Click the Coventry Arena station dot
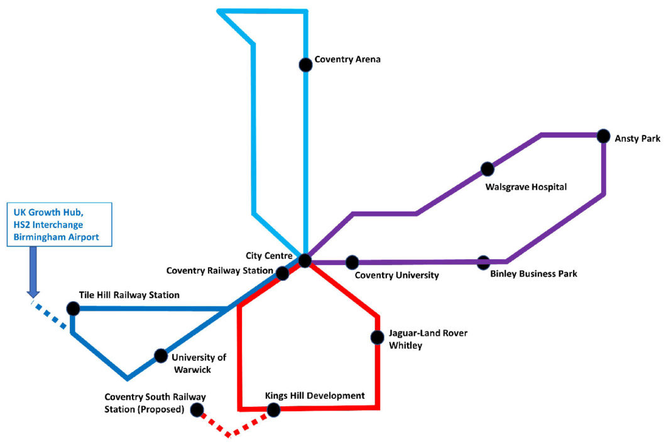pyautogui.click(x=305, y=64)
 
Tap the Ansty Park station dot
pyautogui.click(x=603, y=136)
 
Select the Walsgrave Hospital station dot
pyautogui.click(x=487, y=169)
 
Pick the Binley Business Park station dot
pyautogui.click(x=483, y=262)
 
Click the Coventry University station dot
pyautogui.click(x=352, y=262)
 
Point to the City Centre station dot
pyautogui.click(x=305, y=261)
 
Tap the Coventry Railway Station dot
pyautogui.click(x=283, y=273)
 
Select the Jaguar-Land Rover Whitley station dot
pyautogui.click(x=377, y=337)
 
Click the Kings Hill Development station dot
pyautogui.click(x=273, y=410)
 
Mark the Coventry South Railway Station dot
pyautogui.click(x=197, y=410)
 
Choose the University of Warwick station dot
pyautogui.click(x=161, y=355)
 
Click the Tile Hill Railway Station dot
pyautogui.click(x=73, y=308)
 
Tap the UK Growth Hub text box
pyautogui.click(x=59, y=224)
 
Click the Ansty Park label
pyautogui.click(x=637, y=139)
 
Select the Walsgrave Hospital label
pyautogui.click(x=526, y=187)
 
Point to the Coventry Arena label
pyautogui.click(x=347, y=60)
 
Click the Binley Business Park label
pyautogui.click(x=533, y=274)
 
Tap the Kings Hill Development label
pyautogui.click(x=315, y=396)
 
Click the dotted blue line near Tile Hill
pyautogui.click(x=52, y=315)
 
